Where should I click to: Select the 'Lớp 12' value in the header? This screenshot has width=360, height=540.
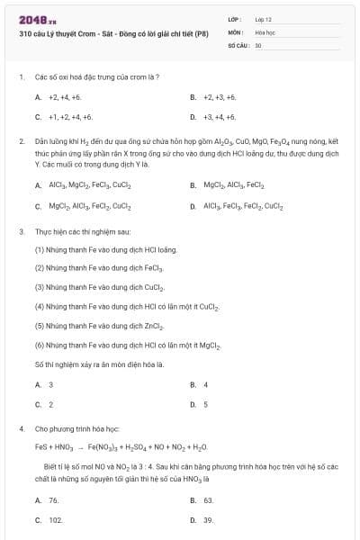[264, 18]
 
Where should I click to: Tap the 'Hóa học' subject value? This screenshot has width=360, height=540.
[265, 31]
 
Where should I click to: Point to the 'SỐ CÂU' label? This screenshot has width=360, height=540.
[237, 44]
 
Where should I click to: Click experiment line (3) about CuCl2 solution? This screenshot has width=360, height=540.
[99, 287]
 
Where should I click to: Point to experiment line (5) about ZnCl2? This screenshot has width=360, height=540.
[99, 325]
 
